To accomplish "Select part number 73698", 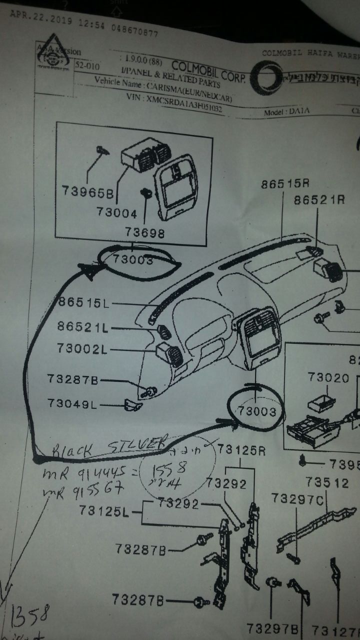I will (145, 232).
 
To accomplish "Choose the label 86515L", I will (83, 303).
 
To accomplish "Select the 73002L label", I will (82, 349).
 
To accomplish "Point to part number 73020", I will (328, 377).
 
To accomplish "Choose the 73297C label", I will (298, 498).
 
